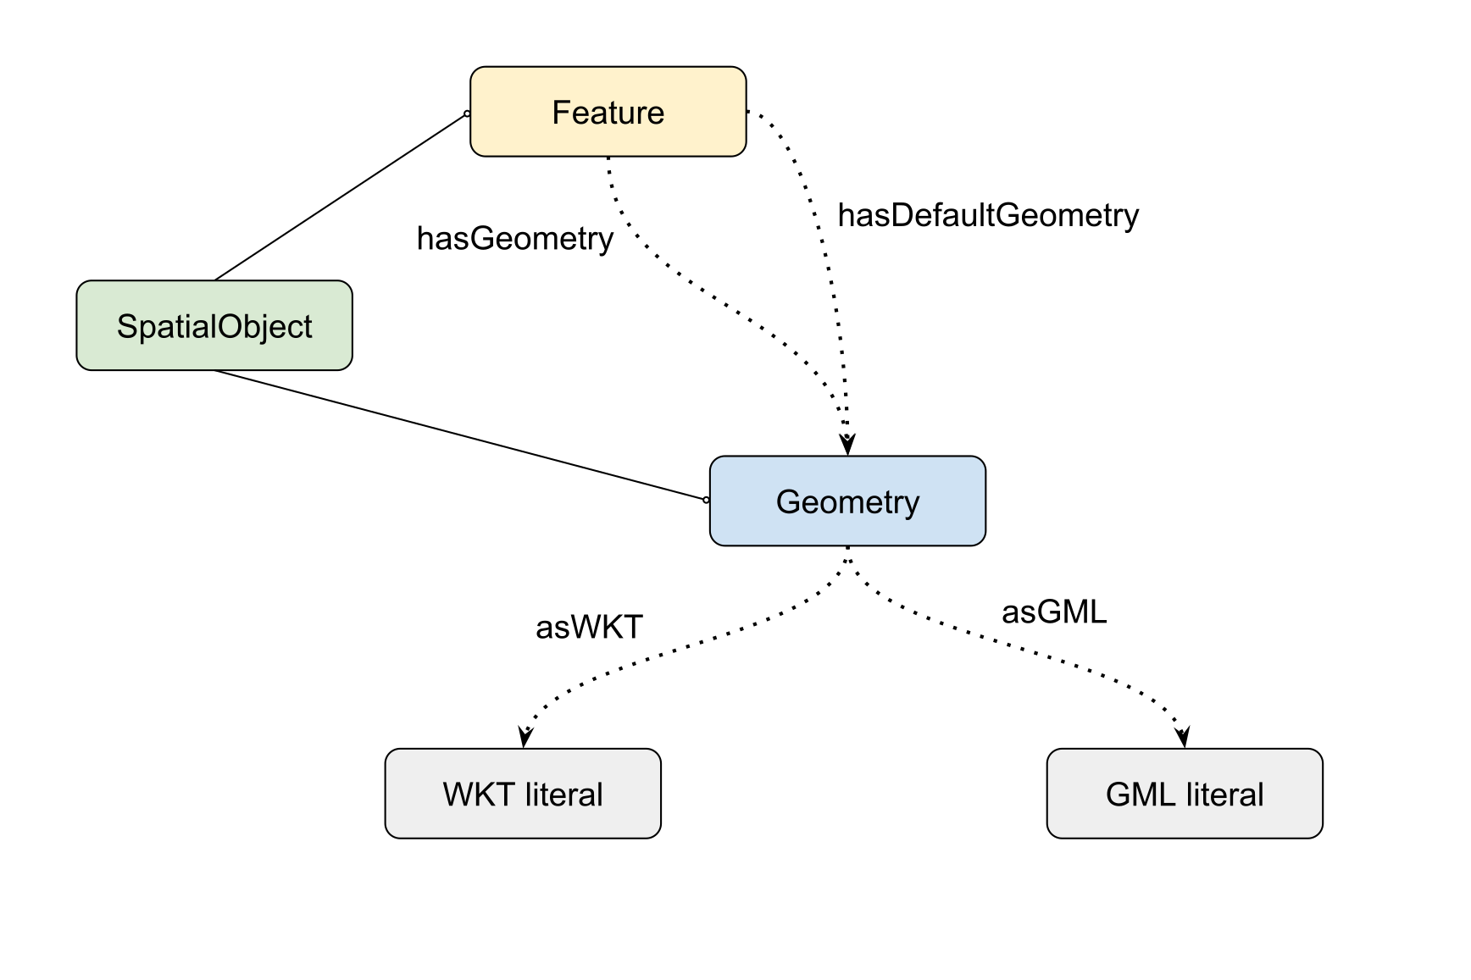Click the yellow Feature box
608,112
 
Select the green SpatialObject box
214,325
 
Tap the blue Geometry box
847,501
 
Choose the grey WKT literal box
523,794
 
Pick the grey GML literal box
1185,794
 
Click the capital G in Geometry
789,502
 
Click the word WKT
478,795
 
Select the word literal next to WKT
563,795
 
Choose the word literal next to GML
1224,795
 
